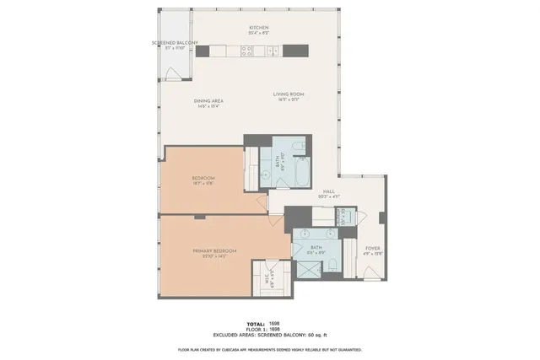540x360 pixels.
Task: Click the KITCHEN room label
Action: (258, 28)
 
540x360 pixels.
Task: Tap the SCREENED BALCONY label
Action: (175, 42)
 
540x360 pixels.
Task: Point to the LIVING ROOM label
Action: (288, 94)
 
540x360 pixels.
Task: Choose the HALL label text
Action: (329, 191)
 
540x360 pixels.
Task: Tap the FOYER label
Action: (372, 248)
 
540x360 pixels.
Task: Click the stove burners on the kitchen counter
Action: (246, 51)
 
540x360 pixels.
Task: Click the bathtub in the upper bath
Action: (276, 161)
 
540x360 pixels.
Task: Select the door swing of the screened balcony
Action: (173, 74)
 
